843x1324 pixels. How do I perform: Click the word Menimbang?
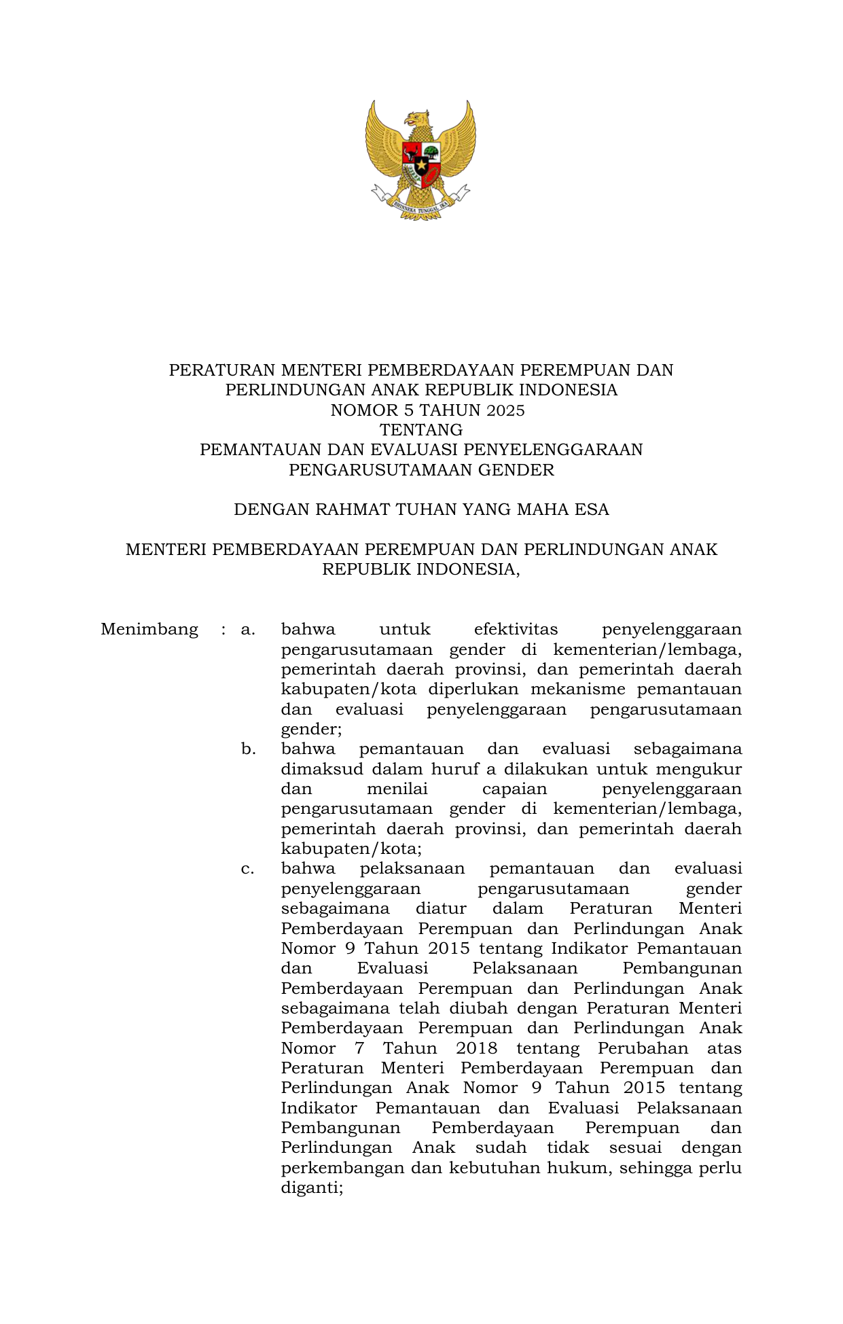pos(149,630)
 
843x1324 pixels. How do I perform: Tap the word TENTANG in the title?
pos(421,430)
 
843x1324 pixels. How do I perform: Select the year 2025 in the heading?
pos(502,410)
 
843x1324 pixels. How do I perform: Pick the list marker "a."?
pos(248,630)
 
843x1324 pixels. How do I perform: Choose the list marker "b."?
pos(248,749)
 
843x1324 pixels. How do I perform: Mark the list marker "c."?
pos(248,869)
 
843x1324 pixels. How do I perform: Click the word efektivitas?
pos(516,630)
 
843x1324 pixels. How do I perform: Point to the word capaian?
pos(514,789)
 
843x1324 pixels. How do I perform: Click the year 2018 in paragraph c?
pos(476,1049)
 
